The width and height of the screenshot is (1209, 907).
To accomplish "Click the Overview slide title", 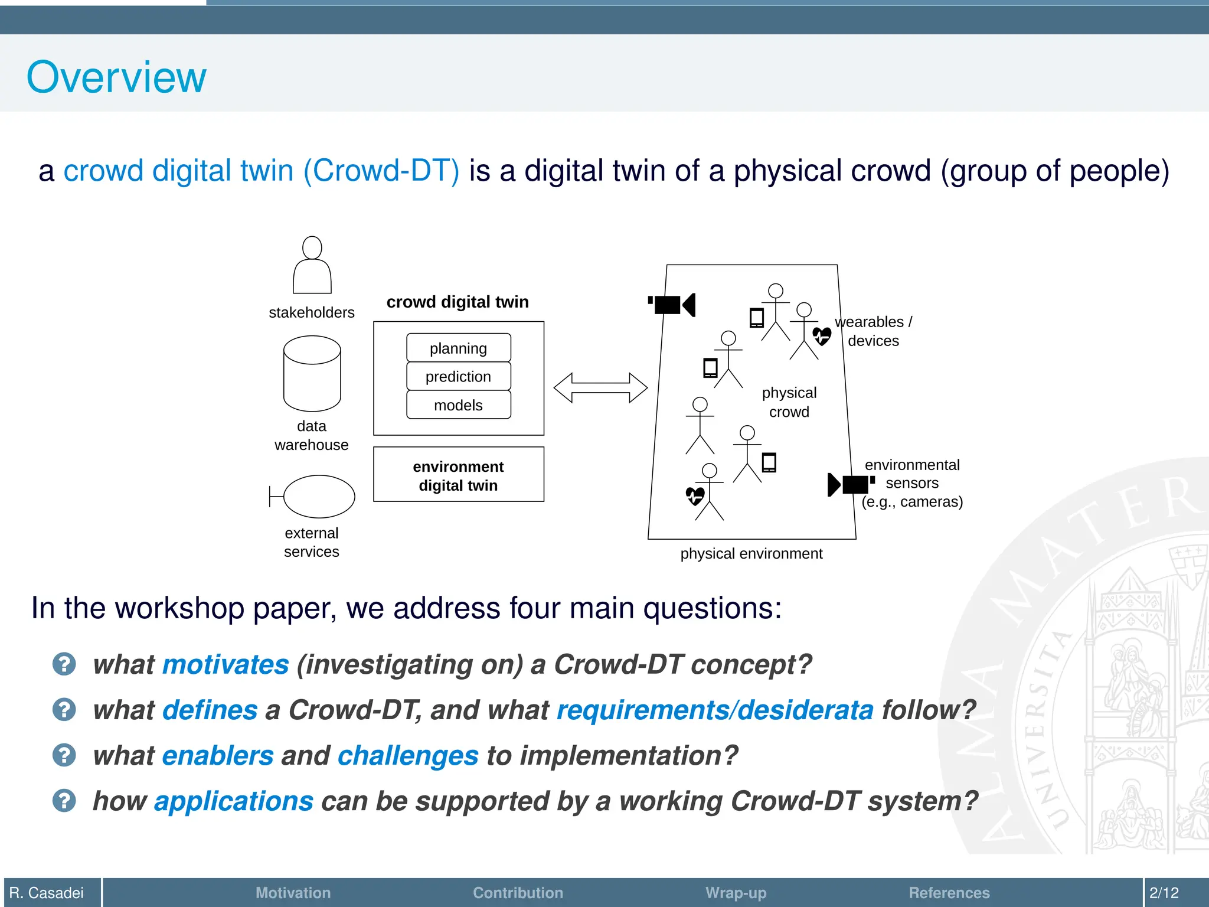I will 116,77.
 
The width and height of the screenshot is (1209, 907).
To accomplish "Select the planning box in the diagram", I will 458,348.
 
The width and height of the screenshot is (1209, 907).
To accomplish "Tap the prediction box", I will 458,377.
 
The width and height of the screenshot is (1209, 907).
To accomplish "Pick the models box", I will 458,405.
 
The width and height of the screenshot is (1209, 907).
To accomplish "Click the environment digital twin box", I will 458,475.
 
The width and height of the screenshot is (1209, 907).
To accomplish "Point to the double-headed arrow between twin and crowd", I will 600,388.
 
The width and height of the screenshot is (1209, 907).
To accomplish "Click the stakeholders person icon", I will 312,266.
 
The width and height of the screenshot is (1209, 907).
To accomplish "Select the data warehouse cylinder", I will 312,373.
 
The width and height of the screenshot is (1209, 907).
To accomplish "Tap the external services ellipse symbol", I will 318,497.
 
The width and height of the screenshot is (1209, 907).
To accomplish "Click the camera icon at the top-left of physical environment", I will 672,305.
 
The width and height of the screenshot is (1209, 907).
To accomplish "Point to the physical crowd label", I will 789,402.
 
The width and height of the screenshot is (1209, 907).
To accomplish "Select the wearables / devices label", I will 873,331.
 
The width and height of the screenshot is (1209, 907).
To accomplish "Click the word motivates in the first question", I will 226,664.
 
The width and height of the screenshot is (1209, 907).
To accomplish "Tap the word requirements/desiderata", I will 715,710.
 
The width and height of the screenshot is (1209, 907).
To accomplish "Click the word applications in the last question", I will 234,801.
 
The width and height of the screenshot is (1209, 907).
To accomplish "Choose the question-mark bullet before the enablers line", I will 64,755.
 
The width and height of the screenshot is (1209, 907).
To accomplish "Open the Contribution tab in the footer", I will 518,893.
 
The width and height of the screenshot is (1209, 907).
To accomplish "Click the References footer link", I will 949,893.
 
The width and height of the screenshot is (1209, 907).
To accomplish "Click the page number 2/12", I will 1164,893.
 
